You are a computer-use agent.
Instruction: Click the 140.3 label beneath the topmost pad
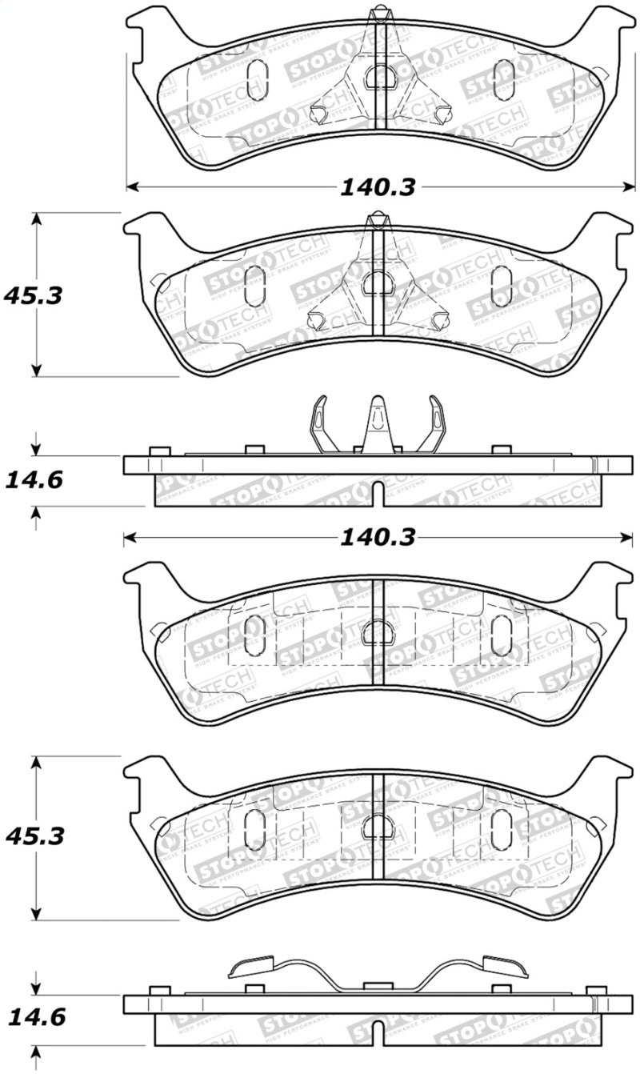(x=378, y=187)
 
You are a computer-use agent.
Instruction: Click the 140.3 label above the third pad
(x=378, y=539)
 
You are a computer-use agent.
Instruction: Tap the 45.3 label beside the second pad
(x=33, y=295)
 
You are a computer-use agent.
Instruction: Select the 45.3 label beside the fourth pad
(x=33, y=837)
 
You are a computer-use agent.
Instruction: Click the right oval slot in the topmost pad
(x=503, y=81)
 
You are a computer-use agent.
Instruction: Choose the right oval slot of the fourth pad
(x=502, y=825)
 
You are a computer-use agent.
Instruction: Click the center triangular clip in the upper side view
(x=378, y=424)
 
